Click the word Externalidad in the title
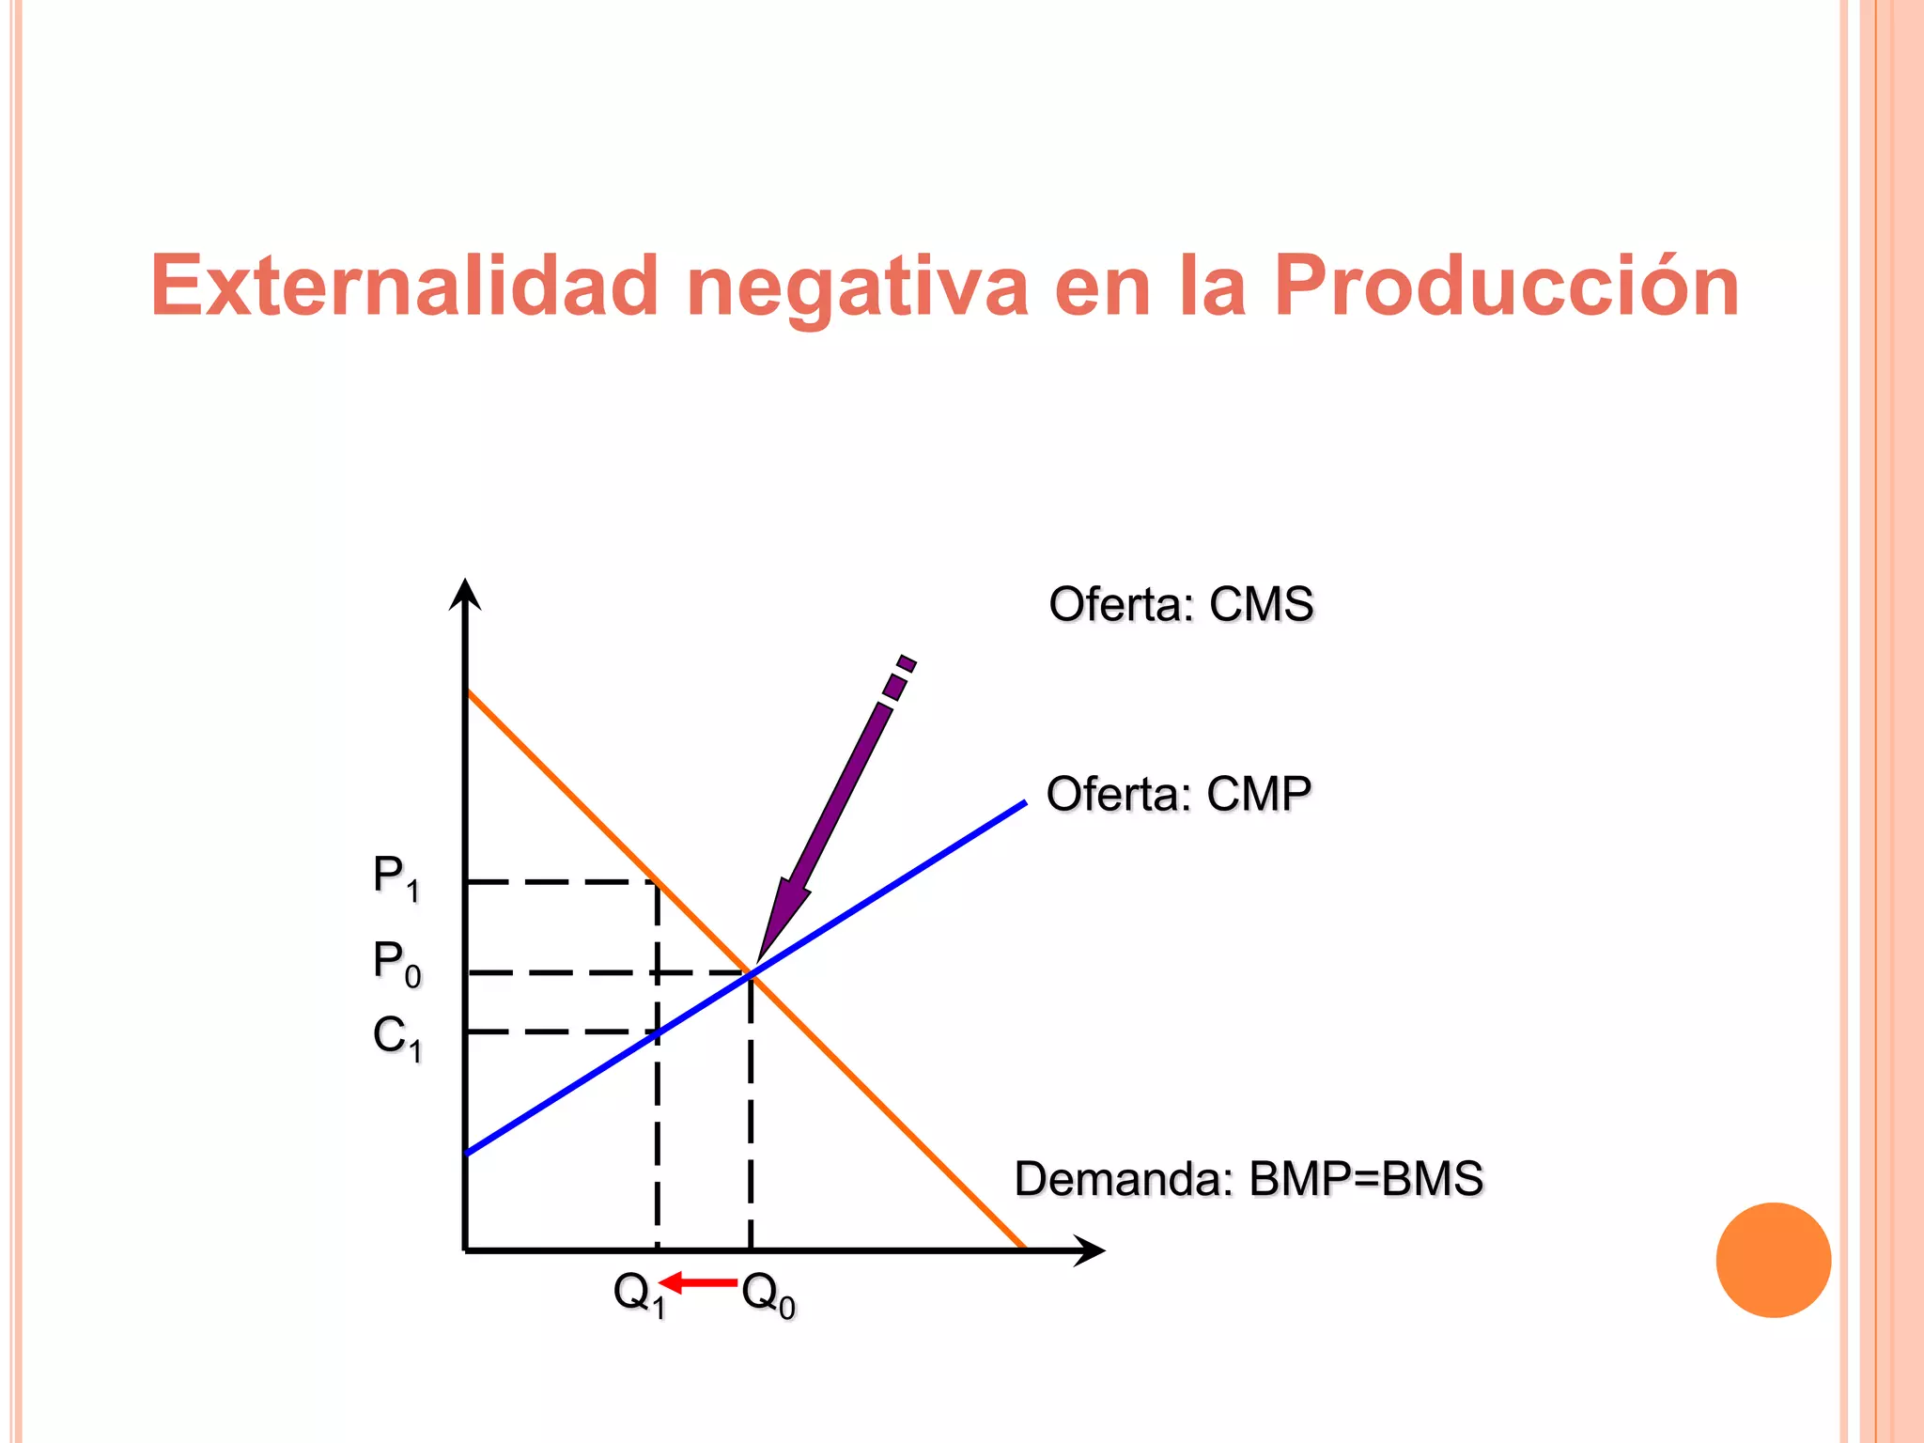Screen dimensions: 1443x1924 (x=405, y=286)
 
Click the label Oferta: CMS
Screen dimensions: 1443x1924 (x=1181, y=604)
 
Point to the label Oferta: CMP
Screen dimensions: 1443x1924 (x=1178, y=795)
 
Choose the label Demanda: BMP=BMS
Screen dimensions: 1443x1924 (x=1249, y=1179)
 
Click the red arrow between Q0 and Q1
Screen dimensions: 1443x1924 (x=698, y=1282)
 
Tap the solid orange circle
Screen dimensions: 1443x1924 (x=1773, y=1260)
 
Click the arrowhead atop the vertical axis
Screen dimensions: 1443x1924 (x=465, y=595)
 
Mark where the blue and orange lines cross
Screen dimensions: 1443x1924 (x=751, y=974)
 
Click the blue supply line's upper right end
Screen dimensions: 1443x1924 (x=1023, y=803)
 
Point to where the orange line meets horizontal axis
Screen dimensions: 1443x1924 (x=1023, y=1249)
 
